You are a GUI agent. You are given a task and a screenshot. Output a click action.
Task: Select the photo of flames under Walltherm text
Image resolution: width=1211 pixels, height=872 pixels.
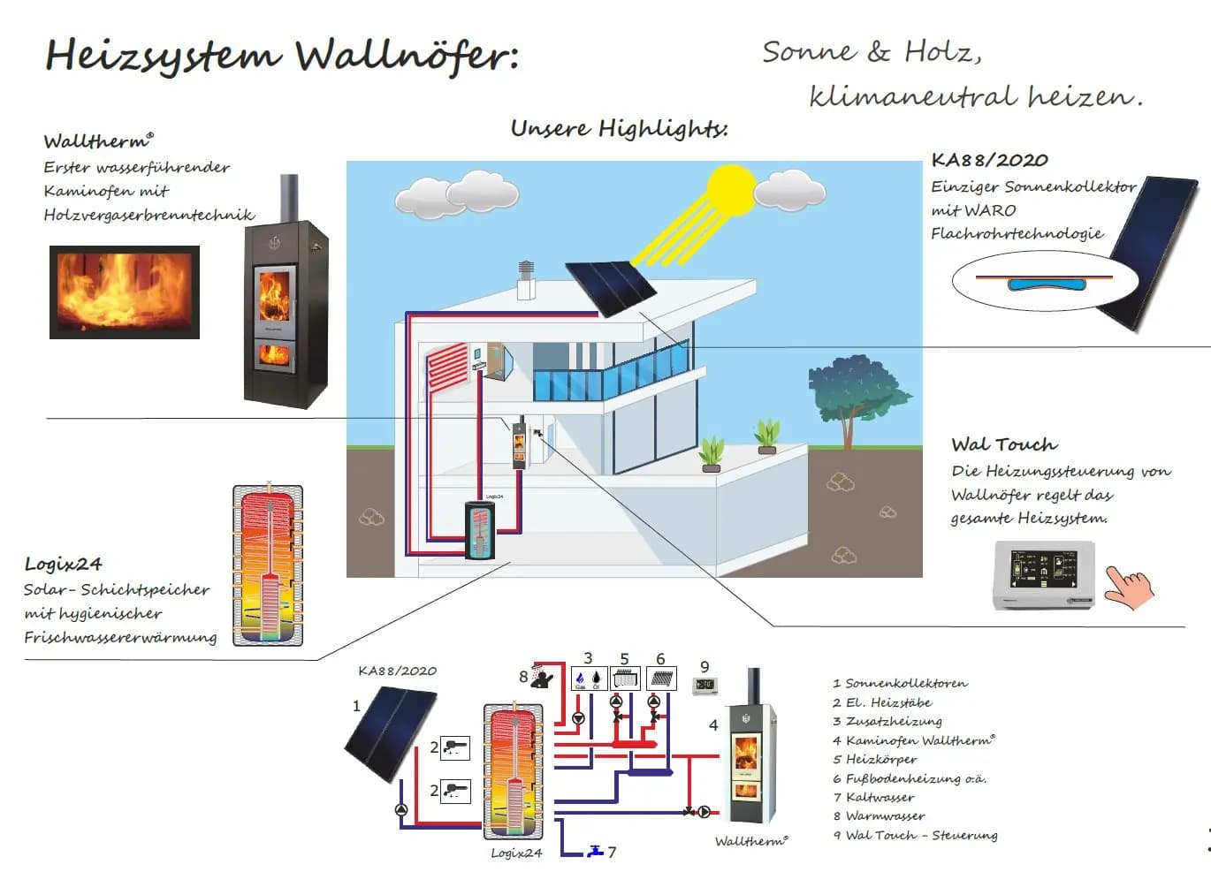tap(125, 292)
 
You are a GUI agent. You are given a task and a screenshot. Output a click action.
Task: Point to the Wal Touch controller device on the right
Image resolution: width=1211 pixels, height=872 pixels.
tap(1045, 575)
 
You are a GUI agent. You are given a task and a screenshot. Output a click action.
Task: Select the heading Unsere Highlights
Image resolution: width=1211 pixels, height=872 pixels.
tap(619, 129)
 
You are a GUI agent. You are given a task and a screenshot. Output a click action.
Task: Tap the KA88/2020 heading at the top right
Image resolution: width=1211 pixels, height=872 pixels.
tap(989, 160)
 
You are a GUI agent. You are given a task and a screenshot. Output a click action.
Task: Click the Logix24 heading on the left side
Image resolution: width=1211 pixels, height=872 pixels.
tap(64, 564)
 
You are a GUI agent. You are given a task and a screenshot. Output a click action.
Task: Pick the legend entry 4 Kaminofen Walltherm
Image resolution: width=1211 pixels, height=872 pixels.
tap(914, 740)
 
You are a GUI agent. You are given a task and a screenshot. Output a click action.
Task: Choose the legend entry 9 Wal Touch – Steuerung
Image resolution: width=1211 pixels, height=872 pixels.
tap(915, 835)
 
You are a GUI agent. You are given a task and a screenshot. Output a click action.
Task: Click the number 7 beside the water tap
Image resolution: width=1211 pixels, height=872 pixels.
tap(612, 853)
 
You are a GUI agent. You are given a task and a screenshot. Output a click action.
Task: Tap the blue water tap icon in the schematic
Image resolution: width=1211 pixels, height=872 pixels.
tap(596, 851)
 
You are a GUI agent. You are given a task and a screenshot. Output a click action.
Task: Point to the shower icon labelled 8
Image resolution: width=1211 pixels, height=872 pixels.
tap(542, 677)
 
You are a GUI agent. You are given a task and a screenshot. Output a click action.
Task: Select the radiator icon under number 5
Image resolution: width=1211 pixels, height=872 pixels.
tap(625, 679)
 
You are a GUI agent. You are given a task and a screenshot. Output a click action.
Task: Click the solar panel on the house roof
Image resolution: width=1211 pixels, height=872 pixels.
tap(611, 287)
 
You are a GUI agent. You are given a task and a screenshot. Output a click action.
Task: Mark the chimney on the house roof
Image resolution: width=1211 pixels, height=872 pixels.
tap(526, 280)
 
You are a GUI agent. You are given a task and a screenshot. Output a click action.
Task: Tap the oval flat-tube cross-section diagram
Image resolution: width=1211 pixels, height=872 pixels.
tap(1043, 283)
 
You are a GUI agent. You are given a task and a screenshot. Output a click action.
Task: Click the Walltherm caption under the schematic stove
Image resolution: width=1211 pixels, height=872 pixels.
tap(750, 841)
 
